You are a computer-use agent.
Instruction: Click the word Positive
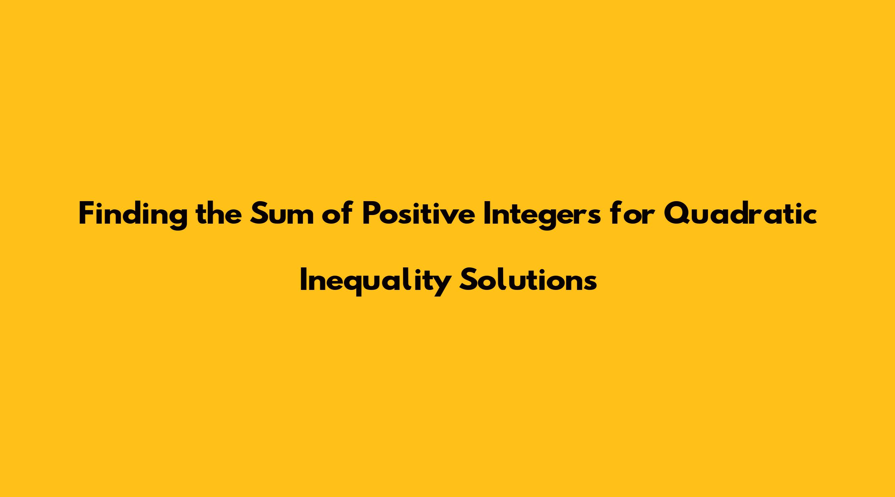pyautogui.click(x=418, y=213)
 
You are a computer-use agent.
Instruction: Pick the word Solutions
pyautogui.click(x=528, y=280)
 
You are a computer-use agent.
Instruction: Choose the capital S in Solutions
pyautogui.click(x=468, y=280)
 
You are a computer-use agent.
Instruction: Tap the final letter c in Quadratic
pyautogui.click(x=809, y=217)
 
